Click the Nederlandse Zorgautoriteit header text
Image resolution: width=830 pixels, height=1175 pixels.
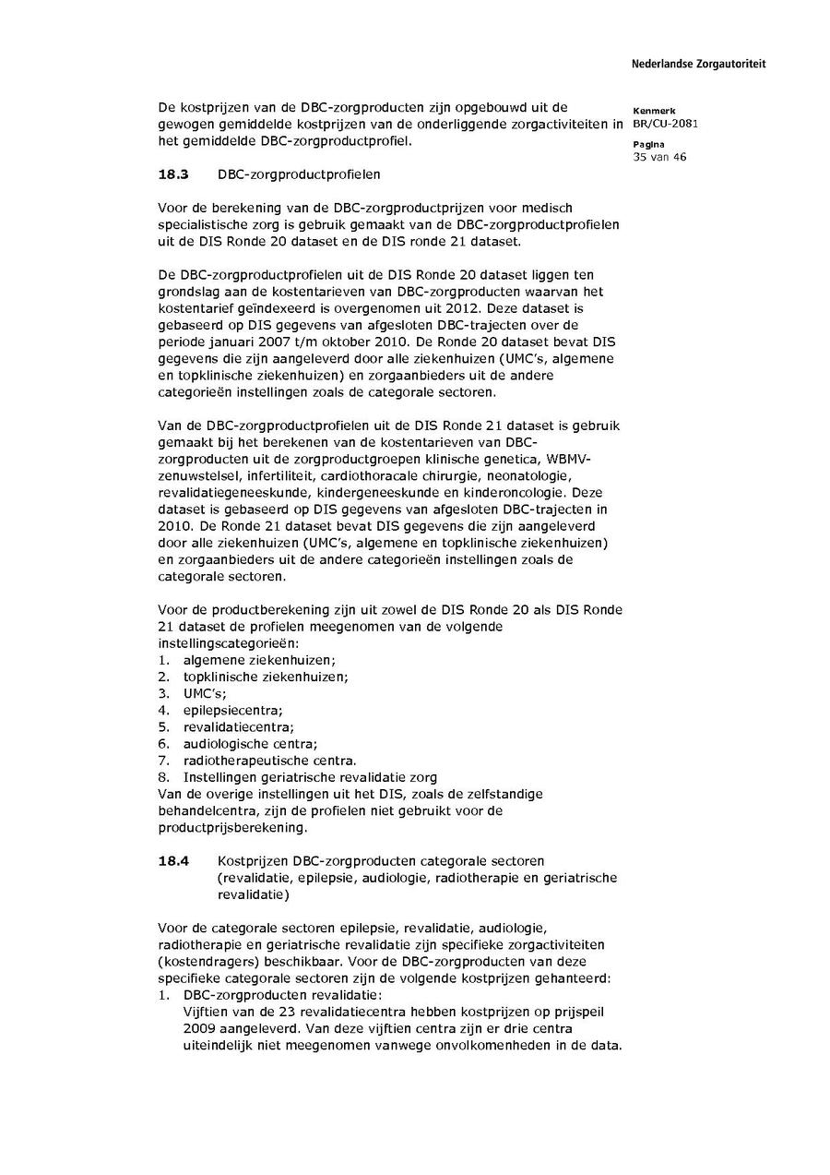(698, 65)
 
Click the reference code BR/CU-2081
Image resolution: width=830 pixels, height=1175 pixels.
(665, 125)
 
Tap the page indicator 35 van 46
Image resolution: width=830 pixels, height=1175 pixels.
(659, 157)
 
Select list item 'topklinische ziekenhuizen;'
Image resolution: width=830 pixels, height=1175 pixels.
(266, 677)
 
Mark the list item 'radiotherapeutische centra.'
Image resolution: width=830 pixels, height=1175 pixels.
(269, 761)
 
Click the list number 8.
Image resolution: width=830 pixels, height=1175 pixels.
(163, 777)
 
